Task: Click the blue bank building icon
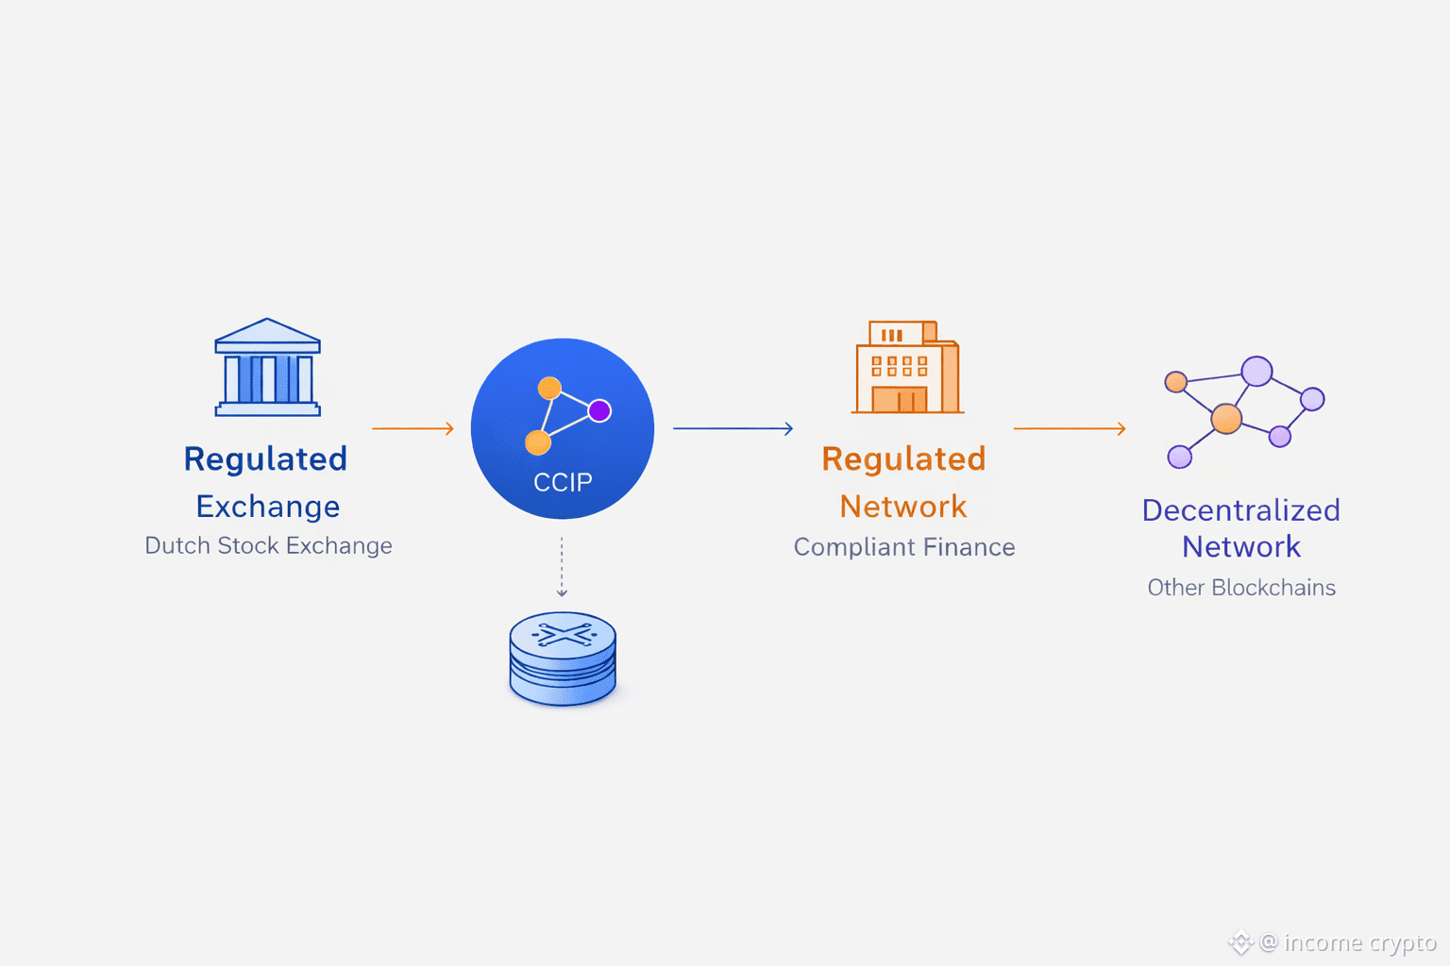tap(268, 368)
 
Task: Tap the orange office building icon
tap(905, 368)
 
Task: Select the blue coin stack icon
tap(563, 658)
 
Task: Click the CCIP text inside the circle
tap(563, 482)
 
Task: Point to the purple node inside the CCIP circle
tap(599, 410)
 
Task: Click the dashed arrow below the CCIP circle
tap(562, 567)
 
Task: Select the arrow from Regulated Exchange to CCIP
tap(413, 428)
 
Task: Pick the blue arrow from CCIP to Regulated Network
tap(733, 428)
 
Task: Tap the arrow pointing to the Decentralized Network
tap(1069, 428)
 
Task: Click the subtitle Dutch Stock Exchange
tap(268, 545)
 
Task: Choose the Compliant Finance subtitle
tap(904, 547)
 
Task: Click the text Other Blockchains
tap(1241, 588)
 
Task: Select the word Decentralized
tap(1241, 510)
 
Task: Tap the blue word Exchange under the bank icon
tap(268, 507)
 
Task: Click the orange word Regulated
tap(903, 458)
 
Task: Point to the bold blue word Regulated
tap(265, 458)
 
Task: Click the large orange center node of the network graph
tap(1226, 418)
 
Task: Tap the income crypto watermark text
tap(1359, 942)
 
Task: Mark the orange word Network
tap(903, 507)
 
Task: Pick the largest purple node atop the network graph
tap(1256, 371)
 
